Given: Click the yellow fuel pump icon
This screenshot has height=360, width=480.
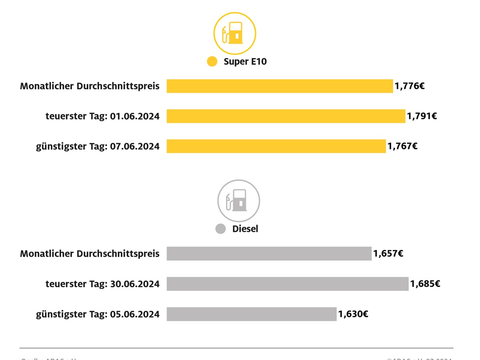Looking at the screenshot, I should pos(234,34).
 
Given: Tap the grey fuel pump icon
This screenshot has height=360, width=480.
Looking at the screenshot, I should pos(238,200).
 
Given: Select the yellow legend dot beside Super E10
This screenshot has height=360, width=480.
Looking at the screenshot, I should pos(212,62).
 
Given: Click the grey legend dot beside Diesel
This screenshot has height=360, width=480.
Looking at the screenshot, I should pos(220,229).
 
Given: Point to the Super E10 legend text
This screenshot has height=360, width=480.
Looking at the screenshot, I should pos(245,62).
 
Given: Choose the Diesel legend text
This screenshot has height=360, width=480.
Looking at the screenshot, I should pos(245,229).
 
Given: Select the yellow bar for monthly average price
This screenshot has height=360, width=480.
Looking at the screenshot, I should pos(280,86).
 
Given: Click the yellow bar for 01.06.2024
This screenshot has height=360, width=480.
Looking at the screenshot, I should pos(286,116).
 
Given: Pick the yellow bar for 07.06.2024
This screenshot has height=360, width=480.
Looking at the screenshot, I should pos(276,146).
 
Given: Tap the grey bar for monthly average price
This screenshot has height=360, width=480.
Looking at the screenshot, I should pos(269,254).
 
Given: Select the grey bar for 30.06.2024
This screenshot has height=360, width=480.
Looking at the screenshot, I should pos(287,284).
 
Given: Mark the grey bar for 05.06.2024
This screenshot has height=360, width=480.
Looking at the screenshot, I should pos(251,314).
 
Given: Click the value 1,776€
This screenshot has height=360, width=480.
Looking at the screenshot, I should pos(410,86).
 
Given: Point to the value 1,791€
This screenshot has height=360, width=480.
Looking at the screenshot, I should pos(422,116).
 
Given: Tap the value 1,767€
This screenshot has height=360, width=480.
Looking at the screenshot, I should pos(402,146).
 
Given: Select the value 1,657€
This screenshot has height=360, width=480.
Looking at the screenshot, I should pos(388,254).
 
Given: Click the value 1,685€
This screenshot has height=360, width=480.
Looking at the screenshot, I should pos(425,284).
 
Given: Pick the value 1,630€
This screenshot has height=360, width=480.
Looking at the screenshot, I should pos(353,314).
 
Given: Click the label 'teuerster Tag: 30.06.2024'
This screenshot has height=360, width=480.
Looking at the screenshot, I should pos(102,284).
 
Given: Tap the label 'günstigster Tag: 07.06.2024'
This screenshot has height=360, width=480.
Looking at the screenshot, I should pos(98,146).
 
